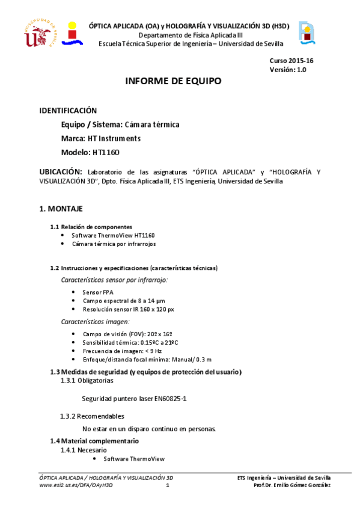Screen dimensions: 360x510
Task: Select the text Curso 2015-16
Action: pyautogui.click(x=291, y=61)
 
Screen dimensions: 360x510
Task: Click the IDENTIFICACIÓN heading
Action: pyautogui.click(x=68, y=111)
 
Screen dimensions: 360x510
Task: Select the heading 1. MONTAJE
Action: pyautogui.click(x=61, y=209)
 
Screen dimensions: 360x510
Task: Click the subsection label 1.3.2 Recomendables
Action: pyautogui.click(x=93, y=416)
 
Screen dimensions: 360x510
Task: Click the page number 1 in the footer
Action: pyautogui.click(x=168, y=485)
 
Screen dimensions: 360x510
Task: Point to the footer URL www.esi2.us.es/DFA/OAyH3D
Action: pyautogui.click(x=76, y=485)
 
